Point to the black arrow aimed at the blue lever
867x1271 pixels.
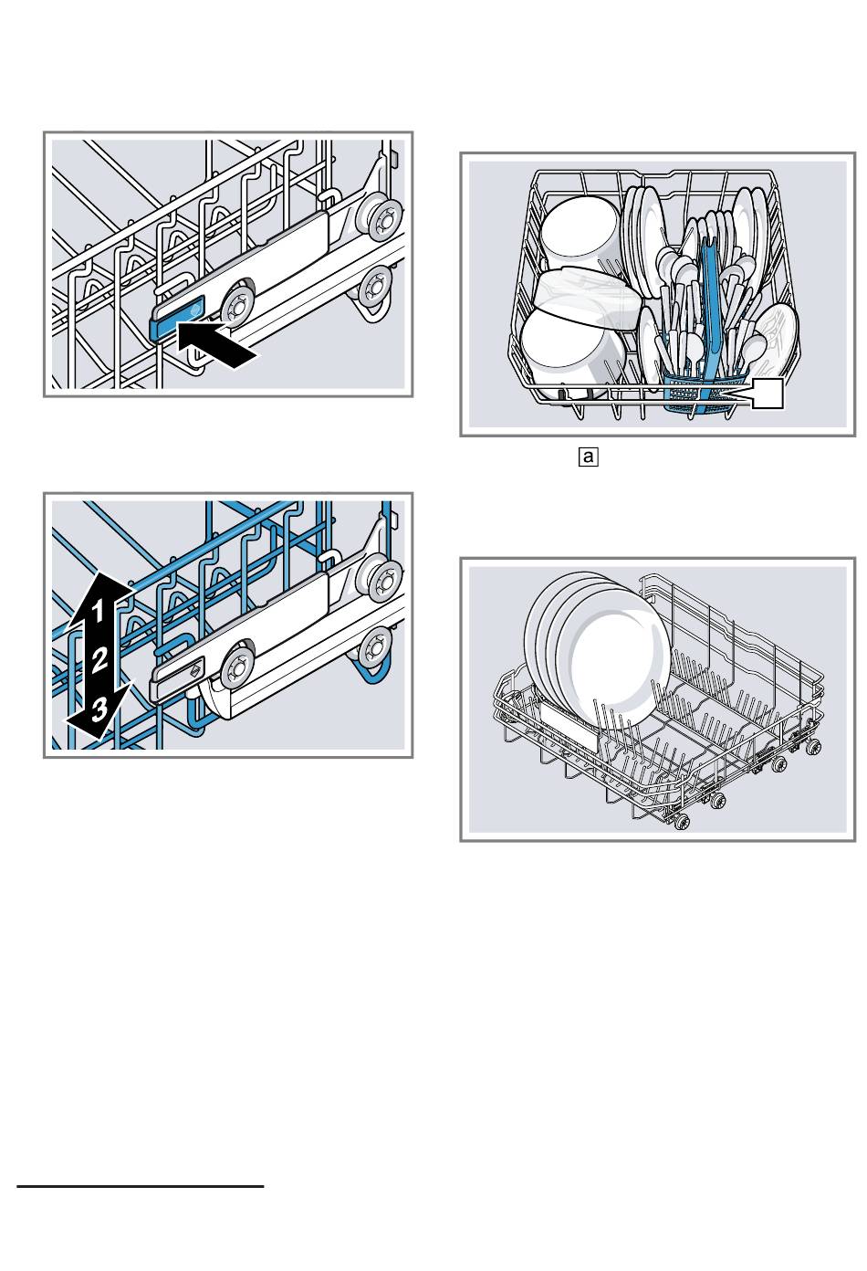pyautogui.click(x=219, y=347)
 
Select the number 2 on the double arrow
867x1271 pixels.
pyautogui.click(x=100, y=659)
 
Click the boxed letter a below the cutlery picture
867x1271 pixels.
pyautogui.click(x=588, y=456)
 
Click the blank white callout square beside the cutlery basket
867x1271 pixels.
pyautogui.click(x=767, y=394)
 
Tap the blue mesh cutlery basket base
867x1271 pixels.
pyautogui.click(x=703, y=394)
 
